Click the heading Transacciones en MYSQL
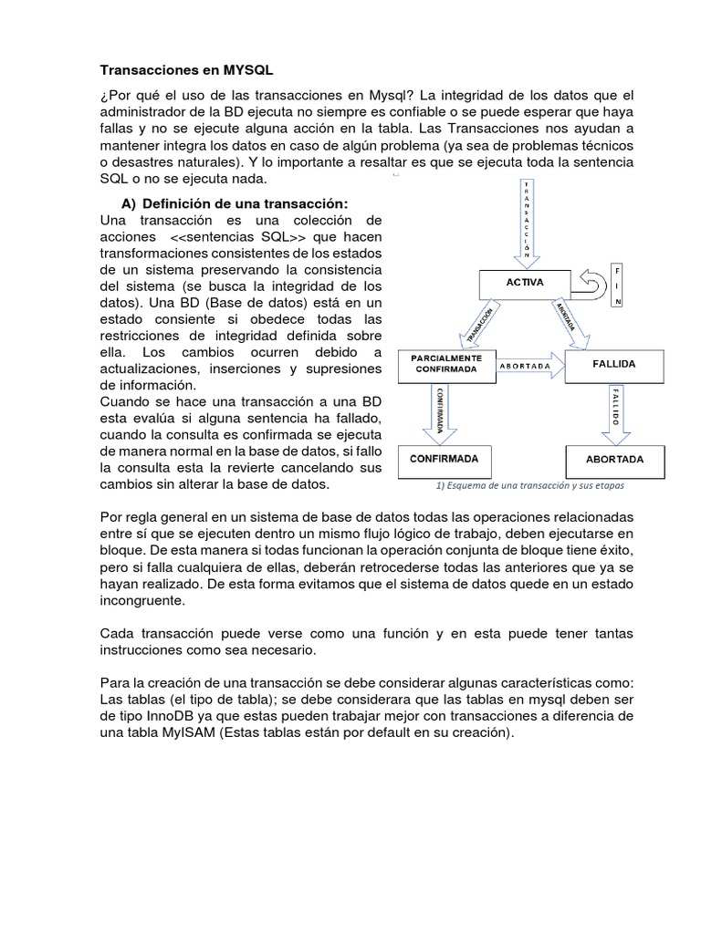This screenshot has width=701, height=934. point(185,69)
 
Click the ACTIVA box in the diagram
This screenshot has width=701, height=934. point(525,283)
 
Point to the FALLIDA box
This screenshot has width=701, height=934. point(614,364)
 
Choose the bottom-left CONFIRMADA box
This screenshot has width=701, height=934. point(444,458)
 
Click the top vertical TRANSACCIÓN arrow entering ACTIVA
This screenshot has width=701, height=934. point(525,223)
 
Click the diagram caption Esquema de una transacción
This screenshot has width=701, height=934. point(526,485)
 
